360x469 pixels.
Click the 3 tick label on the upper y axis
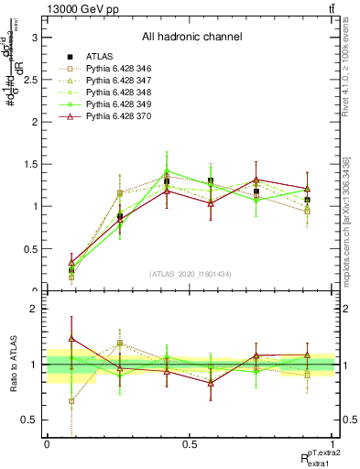pos(34,38)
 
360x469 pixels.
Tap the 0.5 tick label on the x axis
pos(190,444)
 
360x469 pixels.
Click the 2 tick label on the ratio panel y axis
pos(34,309)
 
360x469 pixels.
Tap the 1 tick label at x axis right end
pos(333,444)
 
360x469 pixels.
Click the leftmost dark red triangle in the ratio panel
pos(71,339)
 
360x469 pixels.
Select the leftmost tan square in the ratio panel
pos(71,400)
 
